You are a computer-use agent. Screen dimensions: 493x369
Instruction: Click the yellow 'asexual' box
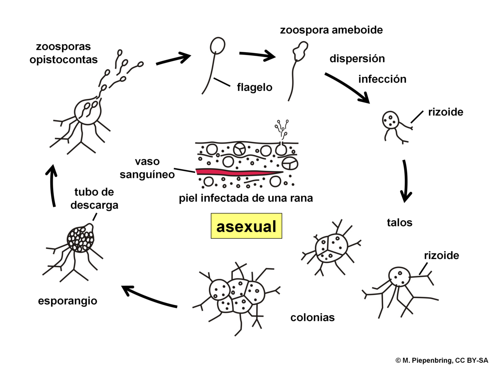coord(246,226)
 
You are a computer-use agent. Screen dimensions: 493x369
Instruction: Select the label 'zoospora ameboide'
coord(331,30)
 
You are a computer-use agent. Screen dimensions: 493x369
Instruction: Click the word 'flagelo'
coord(255,87)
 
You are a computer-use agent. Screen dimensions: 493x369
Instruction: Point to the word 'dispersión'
coord(357,59)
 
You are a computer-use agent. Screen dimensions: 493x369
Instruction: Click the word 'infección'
coord(382,79)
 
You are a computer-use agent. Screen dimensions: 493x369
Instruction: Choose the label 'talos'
coord(399,223)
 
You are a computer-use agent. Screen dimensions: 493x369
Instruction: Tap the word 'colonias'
coord(312,317)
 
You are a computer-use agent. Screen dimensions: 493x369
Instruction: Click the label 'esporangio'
coord(68,301)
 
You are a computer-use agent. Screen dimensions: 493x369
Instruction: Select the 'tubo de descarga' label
coord(94,198)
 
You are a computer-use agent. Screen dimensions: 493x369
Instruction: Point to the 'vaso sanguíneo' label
coord(147,168)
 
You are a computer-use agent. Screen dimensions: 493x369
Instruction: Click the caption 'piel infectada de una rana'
coord(246,198)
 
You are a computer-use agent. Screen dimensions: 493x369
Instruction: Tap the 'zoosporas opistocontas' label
coord(64,53)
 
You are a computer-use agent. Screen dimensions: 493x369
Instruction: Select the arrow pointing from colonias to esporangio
coord(149,296)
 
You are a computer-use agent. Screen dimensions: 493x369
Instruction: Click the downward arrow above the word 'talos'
coord(406,181)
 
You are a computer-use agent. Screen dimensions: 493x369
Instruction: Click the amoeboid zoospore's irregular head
coord(300,51)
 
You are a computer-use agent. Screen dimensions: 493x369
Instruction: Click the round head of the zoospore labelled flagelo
coord(217,46)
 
